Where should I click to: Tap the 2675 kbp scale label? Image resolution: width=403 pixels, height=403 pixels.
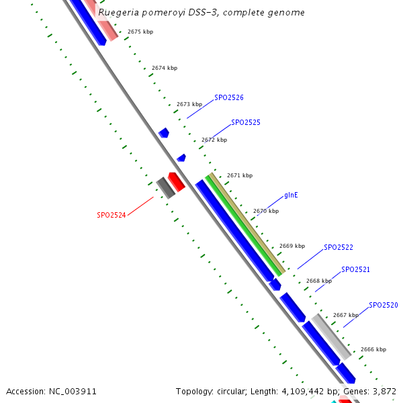pyautogui.click(x=140, y=32)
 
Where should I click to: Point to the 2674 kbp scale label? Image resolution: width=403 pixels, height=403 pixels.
pyautogui.click(x=165, y=68)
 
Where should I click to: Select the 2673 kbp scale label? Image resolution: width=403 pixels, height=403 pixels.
pyautogui.click(x=189, y=104)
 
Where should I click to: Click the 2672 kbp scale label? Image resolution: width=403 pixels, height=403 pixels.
pyautogui.click(x=214, y=140)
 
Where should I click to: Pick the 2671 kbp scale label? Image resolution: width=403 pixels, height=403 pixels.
pyautogui.click(x=240, y=175)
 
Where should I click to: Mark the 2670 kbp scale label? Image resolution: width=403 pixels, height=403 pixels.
pyautogui.click(x=265, y=211)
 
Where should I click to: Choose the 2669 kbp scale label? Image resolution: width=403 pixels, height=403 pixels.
pyautogui.click(x=292, y=246)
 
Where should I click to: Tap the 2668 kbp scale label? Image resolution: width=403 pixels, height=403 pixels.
pyautogui.click(x=318, y=281)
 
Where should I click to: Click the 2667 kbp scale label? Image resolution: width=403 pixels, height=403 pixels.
pyautogui.click(x=345, y=315)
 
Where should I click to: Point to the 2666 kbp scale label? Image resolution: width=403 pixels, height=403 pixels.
pyautogui.click(x=373, y=349)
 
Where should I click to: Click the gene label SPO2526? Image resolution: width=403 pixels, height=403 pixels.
pyautogui.click(x=229, y=97)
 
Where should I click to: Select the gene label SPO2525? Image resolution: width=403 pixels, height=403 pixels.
pyautogui.click(x=246, y=123)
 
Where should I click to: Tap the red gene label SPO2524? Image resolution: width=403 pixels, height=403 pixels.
pyautogui.click(x=111, y=215)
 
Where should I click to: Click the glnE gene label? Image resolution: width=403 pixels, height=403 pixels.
pyautogui.click(x=291, y=195)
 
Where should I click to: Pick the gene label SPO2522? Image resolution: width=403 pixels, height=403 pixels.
pyautogui.click(x=339, y=247)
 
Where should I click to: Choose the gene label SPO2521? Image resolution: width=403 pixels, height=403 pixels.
pyautogui.click(x=355, y=269)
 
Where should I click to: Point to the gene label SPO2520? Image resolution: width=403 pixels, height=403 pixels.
pyautogui.click(x=384, y=305)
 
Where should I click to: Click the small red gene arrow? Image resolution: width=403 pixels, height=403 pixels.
pyautogui.click(x=177, y=181)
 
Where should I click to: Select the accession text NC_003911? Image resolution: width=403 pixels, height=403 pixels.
pyautogui.click(x=51, y=391)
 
